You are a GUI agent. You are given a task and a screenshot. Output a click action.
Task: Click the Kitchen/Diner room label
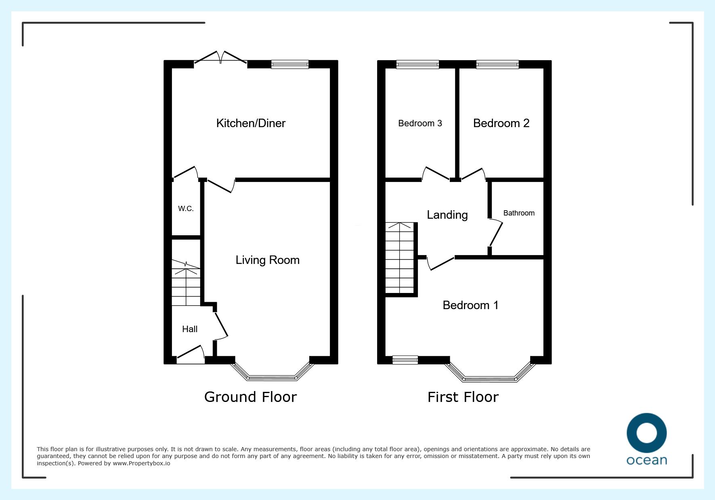pos(251,123)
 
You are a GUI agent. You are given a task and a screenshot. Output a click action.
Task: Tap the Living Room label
pos(268,260)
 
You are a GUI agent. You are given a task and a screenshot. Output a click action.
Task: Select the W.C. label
pos(186,209)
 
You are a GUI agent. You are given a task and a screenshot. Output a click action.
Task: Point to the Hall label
pos(190,329)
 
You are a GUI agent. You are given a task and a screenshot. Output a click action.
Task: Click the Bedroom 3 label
pos(420,123)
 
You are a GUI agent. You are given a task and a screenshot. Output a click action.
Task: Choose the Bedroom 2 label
pos(501,123)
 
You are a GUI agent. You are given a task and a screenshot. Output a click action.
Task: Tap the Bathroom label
pos(519,213)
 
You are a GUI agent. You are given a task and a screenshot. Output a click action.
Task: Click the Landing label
pos(447,215)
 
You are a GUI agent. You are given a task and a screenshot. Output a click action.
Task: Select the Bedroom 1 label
pos(470,305)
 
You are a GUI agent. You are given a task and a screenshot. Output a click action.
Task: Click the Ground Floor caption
pos(250,397)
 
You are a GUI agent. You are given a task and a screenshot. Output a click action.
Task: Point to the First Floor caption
pos(463,397)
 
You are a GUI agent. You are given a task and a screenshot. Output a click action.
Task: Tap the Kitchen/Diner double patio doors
pos(220,58)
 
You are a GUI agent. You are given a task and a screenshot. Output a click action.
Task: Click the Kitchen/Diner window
pos(290,65)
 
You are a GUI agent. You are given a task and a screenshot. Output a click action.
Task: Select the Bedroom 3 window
pos(417,65)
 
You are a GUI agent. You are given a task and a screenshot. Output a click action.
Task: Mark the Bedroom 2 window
pos(497,65)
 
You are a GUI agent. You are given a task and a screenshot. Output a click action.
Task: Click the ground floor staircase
pos(186,283)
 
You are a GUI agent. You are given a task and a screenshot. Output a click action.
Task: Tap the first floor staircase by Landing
pos(400,258)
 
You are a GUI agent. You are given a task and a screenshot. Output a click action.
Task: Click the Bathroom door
pos(496,233)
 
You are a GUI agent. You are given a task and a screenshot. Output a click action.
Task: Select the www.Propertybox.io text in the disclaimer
pos(141,463)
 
